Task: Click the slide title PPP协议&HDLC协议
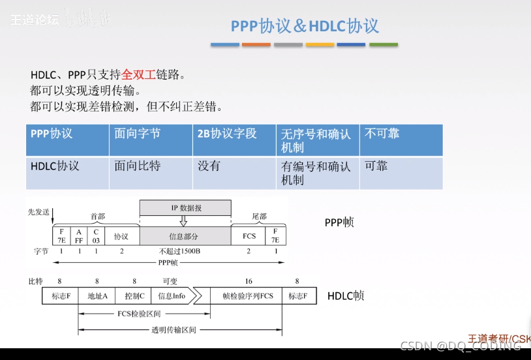(x=305, y=25)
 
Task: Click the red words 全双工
(x=137, y=74)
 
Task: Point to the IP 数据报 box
(x=186, y=208)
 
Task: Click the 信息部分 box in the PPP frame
(x=186, y=235)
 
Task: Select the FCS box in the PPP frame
(x=249, y=235)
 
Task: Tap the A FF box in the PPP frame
(x=79, y=235)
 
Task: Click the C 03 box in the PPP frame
(x=96, y=235)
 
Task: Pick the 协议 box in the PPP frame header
(x=121, y=235)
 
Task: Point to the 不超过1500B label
(x=179, y=251)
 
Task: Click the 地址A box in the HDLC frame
(x=97, y=296)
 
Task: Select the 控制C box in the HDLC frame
(x=134, y=296)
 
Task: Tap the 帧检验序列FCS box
(x=248, y=296)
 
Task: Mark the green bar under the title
(x=384, y=45)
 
